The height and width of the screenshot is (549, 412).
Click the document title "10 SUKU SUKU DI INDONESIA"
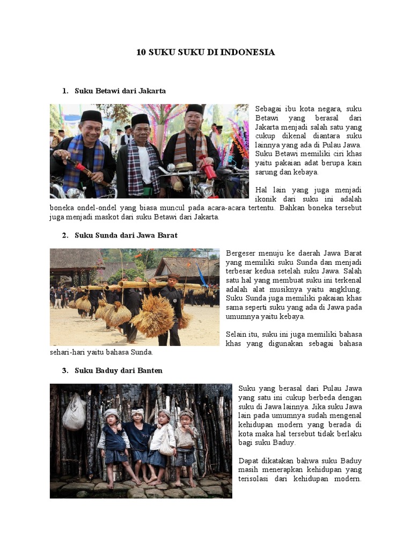205,52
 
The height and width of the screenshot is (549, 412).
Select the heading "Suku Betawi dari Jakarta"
120,91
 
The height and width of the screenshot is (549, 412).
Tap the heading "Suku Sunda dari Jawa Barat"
126,235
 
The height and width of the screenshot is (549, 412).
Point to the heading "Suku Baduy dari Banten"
119,370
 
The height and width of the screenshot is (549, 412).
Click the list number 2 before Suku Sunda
65,235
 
